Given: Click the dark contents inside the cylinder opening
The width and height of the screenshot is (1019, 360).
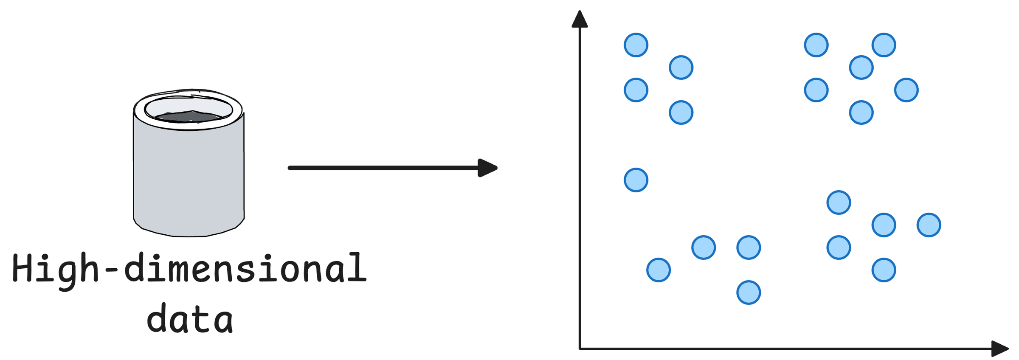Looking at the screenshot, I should pyautogui.click(x=189, y=116).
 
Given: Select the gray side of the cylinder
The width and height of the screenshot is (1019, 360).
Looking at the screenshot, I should pyautogui.click(x=189, y=178).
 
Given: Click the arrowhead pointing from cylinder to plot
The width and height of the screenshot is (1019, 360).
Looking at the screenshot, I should pyautogui.click(x=487, y=168).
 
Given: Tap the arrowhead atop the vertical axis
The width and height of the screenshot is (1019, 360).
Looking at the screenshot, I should pyautogui.click(x=580, y=20).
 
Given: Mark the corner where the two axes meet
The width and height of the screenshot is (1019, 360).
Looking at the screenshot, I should pyautogui.click(x=580, y=349).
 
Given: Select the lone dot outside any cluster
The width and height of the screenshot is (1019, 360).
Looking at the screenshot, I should pyautogui.click(x=636, y=180).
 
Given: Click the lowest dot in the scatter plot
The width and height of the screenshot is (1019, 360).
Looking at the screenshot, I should pyautogui.click(x=749, y=292).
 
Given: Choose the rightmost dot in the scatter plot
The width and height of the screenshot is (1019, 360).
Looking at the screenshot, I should pyautogui.click(x=929, y=225).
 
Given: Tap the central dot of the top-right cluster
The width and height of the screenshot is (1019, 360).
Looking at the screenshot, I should pyautogui.click(x=861, y=67).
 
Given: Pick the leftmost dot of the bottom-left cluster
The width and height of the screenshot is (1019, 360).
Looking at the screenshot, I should pyautogui.click(x=659, y=270).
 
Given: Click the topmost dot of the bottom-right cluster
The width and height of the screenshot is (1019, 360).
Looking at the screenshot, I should pyautogui.click(x=839, y=202).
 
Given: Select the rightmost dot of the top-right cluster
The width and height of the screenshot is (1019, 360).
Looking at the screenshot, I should pyautogui.click(x=906, y=90).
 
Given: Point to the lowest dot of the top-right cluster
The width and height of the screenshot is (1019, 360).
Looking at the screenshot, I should pyautogui.click(x=861, y=112).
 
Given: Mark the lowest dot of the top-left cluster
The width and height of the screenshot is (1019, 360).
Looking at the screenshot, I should pyautogui.click(x=681, y=112).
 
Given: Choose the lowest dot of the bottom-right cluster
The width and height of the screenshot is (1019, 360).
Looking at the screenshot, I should pyautogui.click(x=884, y=270).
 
